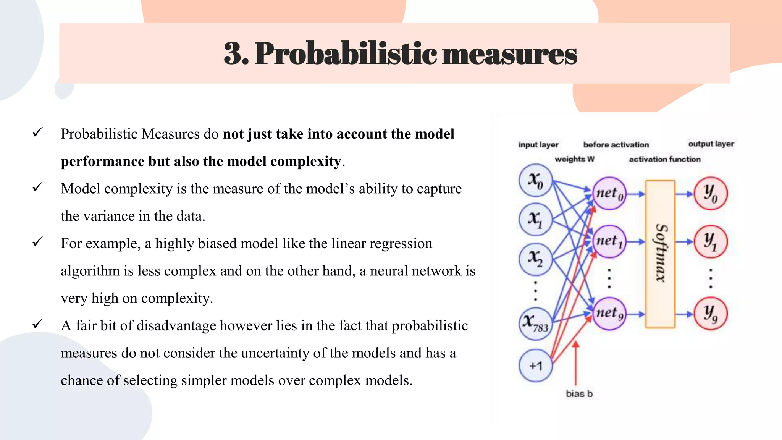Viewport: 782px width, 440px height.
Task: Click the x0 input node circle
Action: [535, 180]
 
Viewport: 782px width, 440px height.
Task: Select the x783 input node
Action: [535, 323]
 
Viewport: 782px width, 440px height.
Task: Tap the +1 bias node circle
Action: [535, 366]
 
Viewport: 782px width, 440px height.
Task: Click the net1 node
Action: [609, 241]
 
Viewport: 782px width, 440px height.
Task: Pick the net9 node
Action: [609, 314]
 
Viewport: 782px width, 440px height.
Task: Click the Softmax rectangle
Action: [660, 254]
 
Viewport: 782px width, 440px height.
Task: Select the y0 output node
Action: [710, 193]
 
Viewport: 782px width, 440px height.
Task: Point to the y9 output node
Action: [710, 314]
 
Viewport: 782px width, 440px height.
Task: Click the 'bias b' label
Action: [579, 394]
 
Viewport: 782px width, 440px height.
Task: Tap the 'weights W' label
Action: [574, 159]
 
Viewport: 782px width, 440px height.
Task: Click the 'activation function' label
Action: [664, 159]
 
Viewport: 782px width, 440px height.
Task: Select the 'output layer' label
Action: [711, 144]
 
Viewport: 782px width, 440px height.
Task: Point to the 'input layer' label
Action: [538, 145]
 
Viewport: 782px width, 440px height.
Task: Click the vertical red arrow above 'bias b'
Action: [576, 363]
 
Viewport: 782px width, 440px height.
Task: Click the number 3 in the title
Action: [234, 53]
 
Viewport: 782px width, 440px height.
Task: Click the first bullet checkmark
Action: [37, 133]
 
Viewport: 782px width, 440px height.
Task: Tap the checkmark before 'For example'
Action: [37, 242]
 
